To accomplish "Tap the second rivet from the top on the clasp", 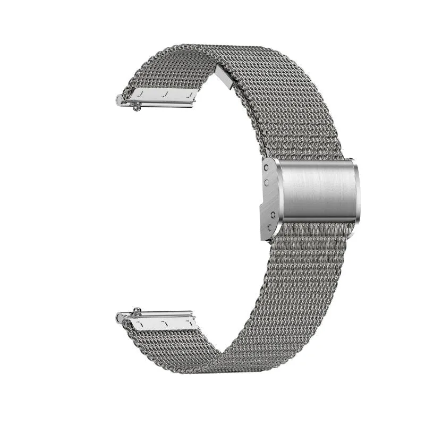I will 266,182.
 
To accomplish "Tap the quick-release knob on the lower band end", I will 137,310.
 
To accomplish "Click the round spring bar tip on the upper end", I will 118,99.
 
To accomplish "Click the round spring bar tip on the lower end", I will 118,318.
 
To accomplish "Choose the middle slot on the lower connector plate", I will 166,322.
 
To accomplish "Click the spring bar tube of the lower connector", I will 159,314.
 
